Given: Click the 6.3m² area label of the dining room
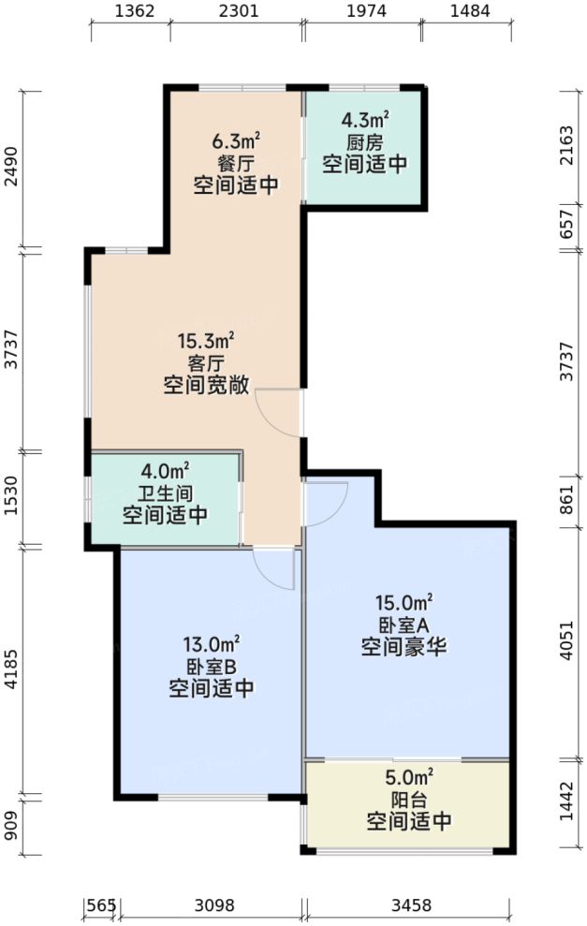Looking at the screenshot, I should click(235, 141).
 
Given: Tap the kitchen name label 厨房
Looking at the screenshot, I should click(365, 142).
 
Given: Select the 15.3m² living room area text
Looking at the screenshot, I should click(207, 341).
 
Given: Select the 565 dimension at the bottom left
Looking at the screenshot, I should click(101, 905).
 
